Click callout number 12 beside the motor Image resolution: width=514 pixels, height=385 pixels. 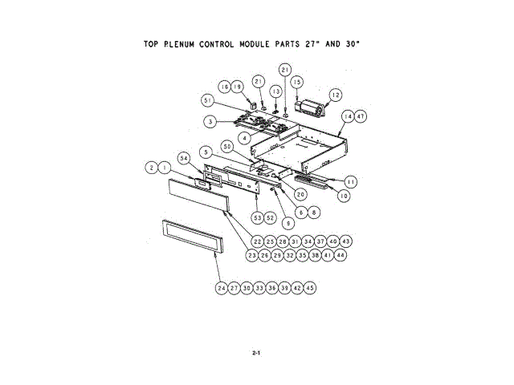336,94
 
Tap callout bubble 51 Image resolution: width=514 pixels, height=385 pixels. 208,100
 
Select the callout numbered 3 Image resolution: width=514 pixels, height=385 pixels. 208,122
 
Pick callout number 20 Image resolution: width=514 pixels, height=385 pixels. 300,193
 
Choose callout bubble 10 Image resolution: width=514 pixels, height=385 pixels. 343,196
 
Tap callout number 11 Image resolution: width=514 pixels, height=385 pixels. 351,182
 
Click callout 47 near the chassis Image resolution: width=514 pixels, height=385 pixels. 361,116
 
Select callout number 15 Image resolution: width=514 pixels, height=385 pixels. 297,82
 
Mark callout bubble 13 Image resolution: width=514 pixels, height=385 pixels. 276,91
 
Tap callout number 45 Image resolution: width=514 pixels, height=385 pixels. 310,287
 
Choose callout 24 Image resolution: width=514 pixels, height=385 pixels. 221,287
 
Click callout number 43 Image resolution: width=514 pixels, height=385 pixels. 346,241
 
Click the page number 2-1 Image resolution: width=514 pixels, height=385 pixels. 256,353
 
